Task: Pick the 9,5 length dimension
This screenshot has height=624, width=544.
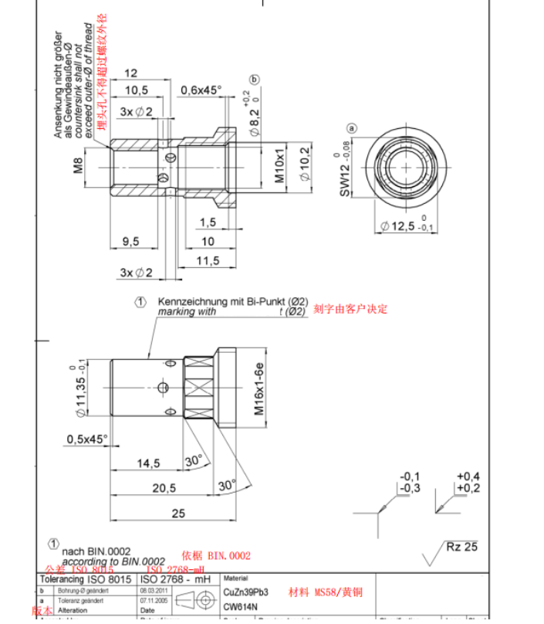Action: pyautogui.click(x=130, y=241)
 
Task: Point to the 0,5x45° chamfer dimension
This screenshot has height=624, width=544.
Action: pyautogui.click(x=87, y=439)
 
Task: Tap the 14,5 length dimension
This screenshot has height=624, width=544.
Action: pyautogui.click(x=147, y=463)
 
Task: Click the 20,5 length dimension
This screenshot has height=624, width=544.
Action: pyautogui.click(x=164, y=487)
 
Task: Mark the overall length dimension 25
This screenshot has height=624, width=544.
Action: pyautogui.click(x=179, y=513)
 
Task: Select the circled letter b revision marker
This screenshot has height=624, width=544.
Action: pyautogui.click(x=255, y=80)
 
